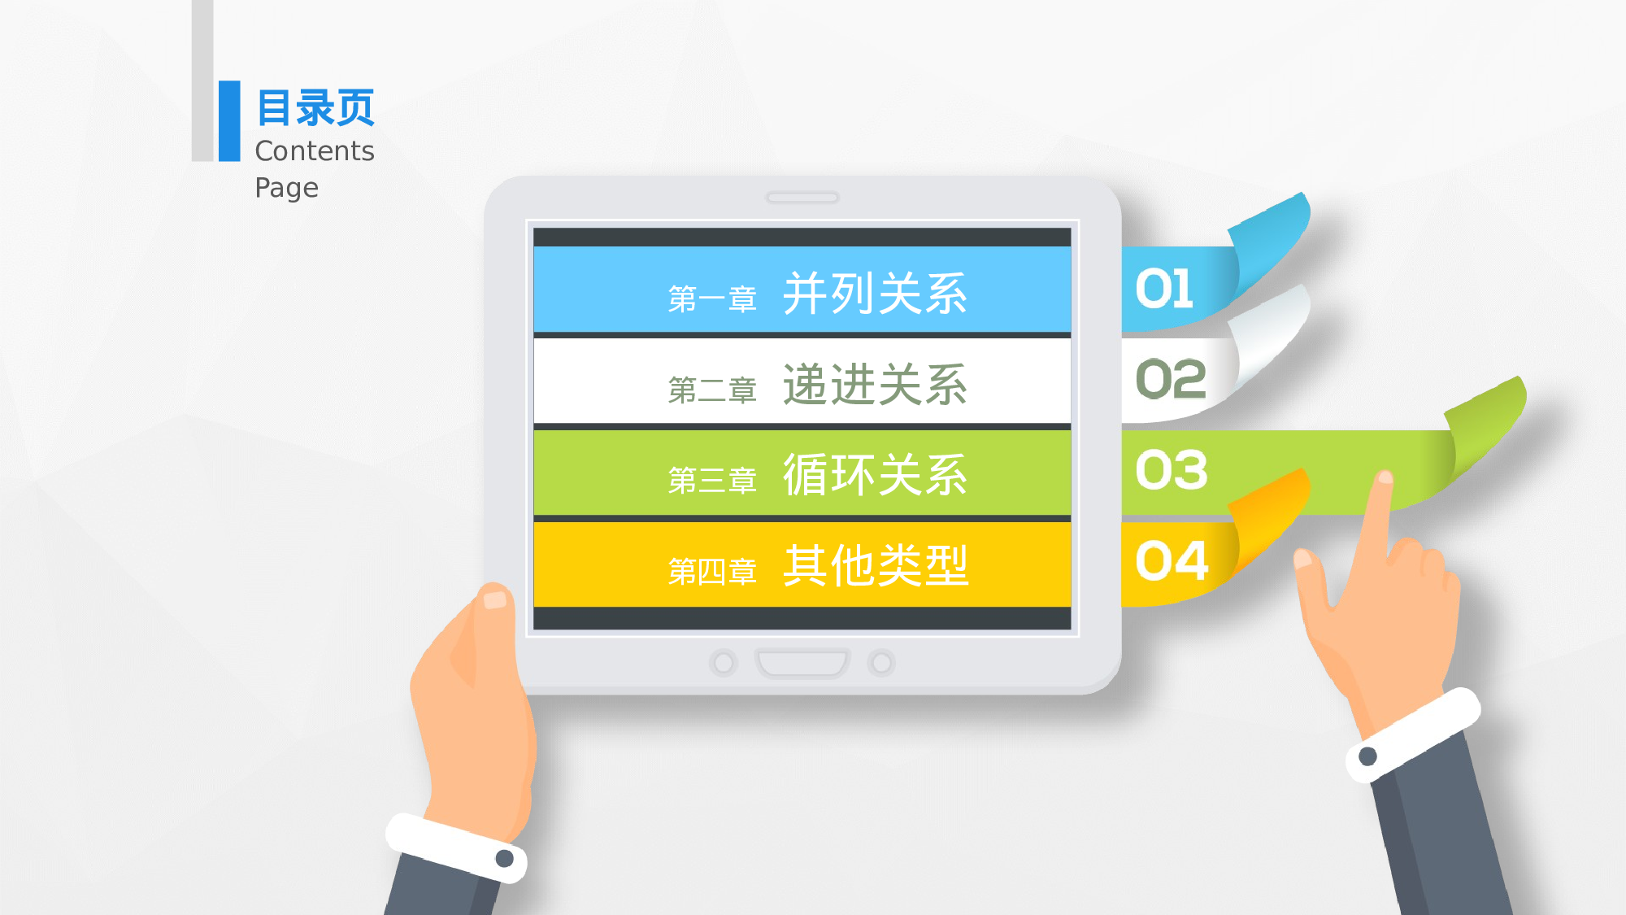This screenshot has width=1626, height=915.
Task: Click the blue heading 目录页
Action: tap(315, 108)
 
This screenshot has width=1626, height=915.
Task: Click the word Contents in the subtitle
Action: tap(315, 151)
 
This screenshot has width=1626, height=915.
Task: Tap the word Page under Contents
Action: tap(286, 188)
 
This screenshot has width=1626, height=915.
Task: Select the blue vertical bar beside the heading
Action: tap(229, 120)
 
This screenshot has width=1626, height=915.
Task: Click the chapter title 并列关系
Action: tap(875, 294)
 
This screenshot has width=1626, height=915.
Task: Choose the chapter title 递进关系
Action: tap(875, 385)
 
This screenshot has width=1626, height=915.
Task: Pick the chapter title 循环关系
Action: tap(875, 475)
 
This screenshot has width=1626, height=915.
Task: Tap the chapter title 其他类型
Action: tap(875, 565)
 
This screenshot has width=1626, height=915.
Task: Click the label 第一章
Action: tap(712, 299)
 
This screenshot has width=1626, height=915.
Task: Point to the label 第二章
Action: tap(712, 390)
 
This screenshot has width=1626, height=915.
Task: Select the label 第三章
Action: tap(712, 481)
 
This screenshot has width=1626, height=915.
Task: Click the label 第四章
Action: tap(712, 572)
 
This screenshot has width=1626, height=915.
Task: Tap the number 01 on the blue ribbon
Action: tap(1164, 289)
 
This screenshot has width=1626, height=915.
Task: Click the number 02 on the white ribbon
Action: tap(1171, 379)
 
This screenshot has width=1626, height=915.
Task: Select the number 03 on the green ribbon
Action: tap(1172, 470)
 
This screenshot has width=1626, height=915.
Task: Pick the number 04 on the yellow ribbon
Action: tap(1172, 561)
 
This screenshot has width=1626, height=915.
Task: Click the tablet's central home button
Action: tap(802, 663)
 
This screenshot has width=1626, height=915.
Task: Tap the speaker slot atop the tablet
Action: tap(802, 198)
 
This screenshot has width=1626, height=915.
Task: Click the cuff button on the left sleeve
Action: tap(504, 858)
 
